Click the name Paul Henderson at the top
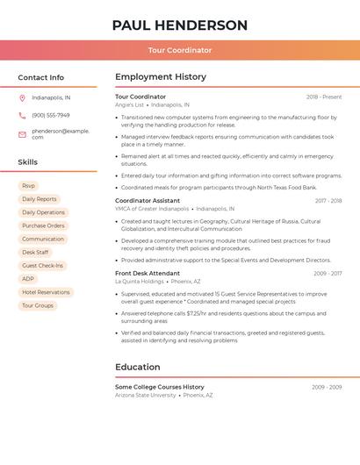[x=180, y=25]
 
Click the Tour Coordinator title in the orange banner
[x=180, y=50]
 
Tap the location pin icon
[x=22, y=98]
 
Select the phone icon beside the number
[x=22, y=115]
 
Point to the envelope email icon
[x=22, y=134]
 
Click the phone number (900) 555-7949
[x=50, y=115]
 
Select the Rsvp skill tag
[x=28, y=186]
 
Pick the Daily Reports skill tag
[x=39, y=199]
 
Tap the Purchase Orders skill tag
[x=43, y=225]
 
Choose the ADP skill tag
[x=28, y=279]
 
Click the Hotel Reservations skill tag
[x=46, y=292]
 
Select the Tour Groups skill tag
[x=38, y=305]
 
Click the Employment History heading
[x=161, y=77]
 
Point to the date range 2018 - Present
[x=324, y=97]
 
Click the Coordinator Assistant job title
[x=148, y=201]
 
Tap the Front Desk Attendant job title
[x=148, y=273]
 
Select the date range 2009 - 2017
[x=328, y=274]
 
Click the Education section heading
[x=138, y=367]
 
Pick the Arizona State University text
[x=146, y=396]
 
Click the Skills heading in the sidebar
[x=28, y=162]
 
